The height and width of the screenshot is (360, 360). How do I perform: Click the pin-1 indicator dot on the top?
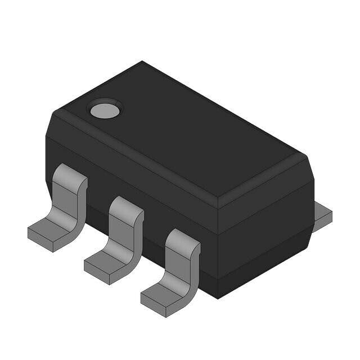pos(105,110)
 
